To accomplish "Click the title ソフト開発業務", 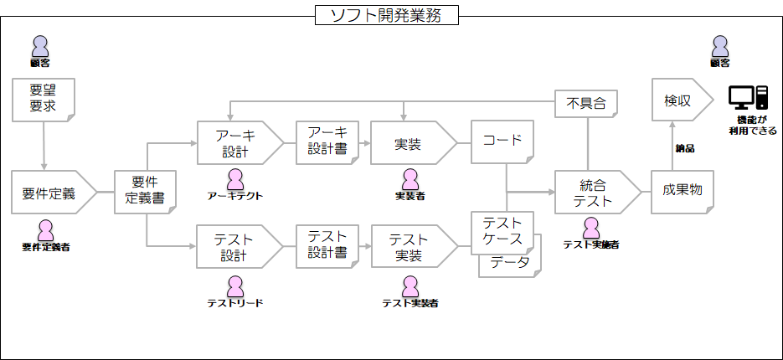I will click(x=387, y=14).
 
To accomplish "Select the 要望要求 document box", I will click(x=43, y=99).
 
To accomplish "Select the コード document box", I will click(x=502, y=141).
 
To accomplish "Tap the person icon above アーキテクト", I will click(x=236, y=178).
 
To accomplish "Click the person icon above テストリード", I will click(x=235, y=285).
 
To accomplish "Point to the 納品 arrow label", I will click(x=684, y=148).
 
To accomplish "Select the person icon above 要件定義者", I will click(x=46, y=229).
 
